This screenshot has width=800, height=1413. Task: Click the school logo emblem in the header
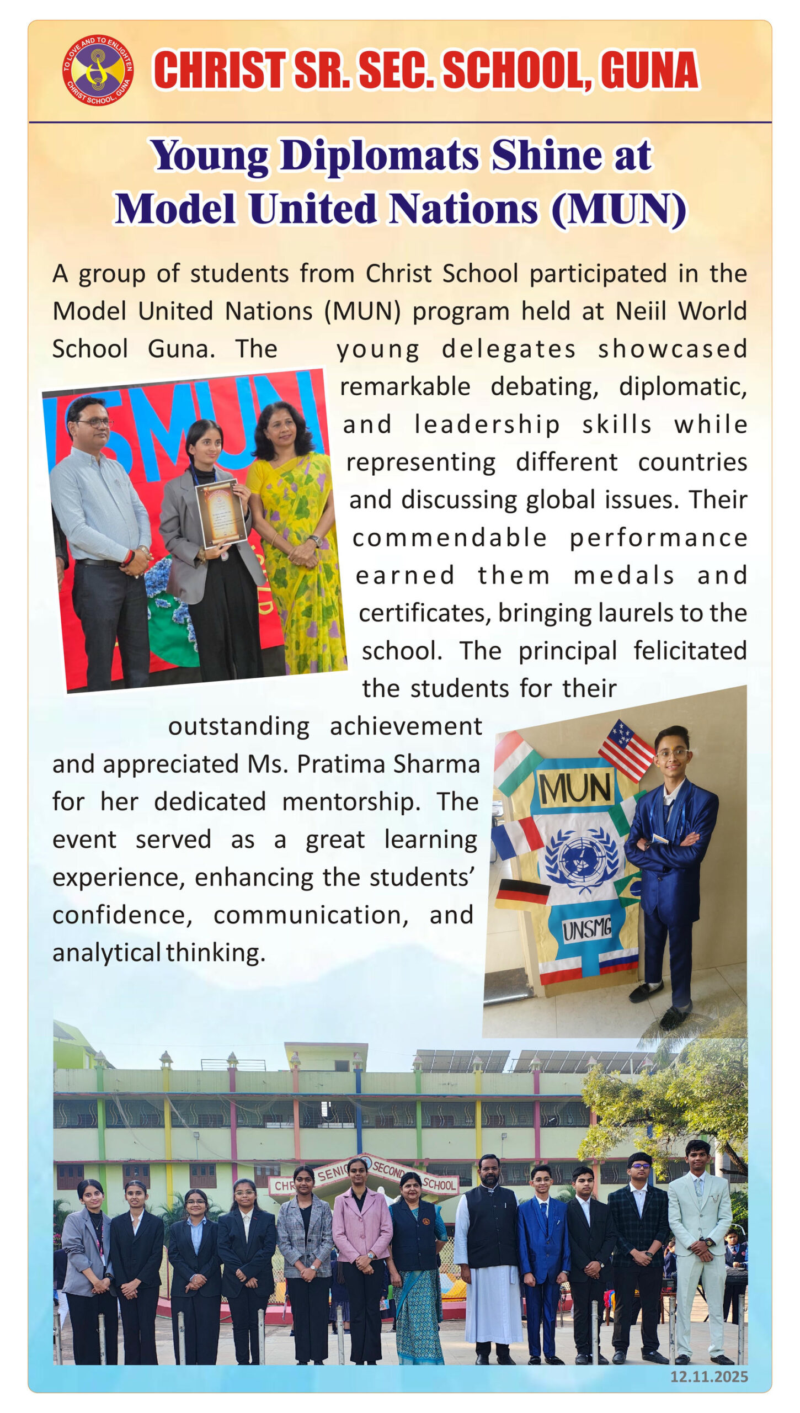[98, 70]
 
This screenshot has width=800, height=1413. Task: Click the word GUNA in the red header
[649, 70]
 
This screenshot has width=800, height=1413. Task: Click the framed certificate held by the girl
[221, 513]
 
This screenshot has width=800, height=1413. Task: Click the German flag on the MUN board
[522, 893]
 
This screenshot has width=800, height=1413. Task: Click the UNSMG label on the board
[586, 929]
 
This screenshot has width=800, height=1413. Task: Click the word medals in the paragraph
[624, 576]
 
